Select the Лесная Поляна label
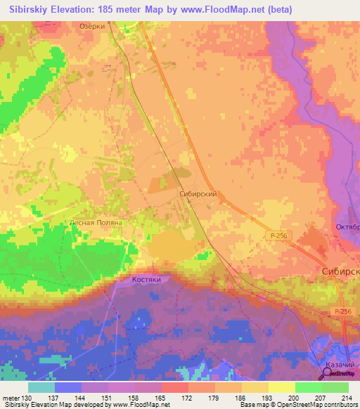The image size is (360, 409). (96, 222)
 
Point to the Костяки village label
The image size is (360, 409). (147, 279)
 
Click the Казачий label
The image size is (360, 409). (341, 365)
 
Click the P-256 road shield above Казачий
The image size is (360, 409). (342, 311)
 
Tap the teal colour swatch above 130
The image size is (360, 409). (41, 387)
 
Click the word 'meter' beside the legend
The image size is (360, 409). (12, 397)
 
